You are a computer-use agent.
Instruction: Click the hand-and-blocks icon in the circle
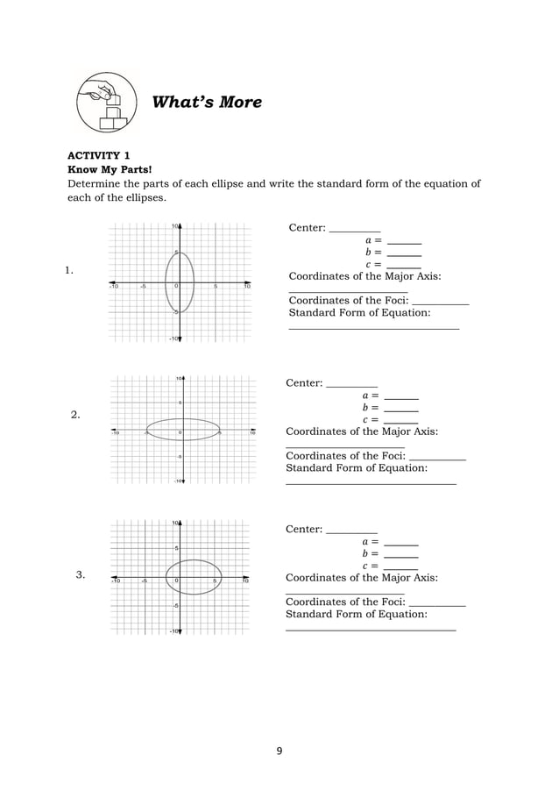[x=106, y=103]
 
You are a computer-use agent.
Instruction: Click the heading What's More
[x=207, y=103]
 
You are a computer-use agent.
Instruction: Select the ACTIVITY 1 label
[x=99, y=155]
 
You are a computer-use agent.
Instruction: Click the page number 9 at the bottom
[x=279, y=751]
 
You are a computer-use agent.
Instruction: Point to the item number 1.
[x=68, y=270]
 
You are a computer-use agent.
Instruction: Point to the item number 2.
[x=75, y=415]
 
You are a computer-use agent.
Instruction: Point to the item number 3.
[x=80, y=575]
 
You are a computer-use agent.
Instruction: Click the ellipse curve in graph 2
[x=182, y=419]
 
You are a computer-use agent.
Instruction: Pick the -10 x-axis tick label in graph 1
[x=113, y=287]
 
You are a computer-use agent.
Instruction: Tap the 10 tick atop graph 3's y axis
[x=175, y=523]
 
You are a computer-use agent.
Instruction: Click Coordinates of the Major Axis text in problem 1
[x=364, y=276]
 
